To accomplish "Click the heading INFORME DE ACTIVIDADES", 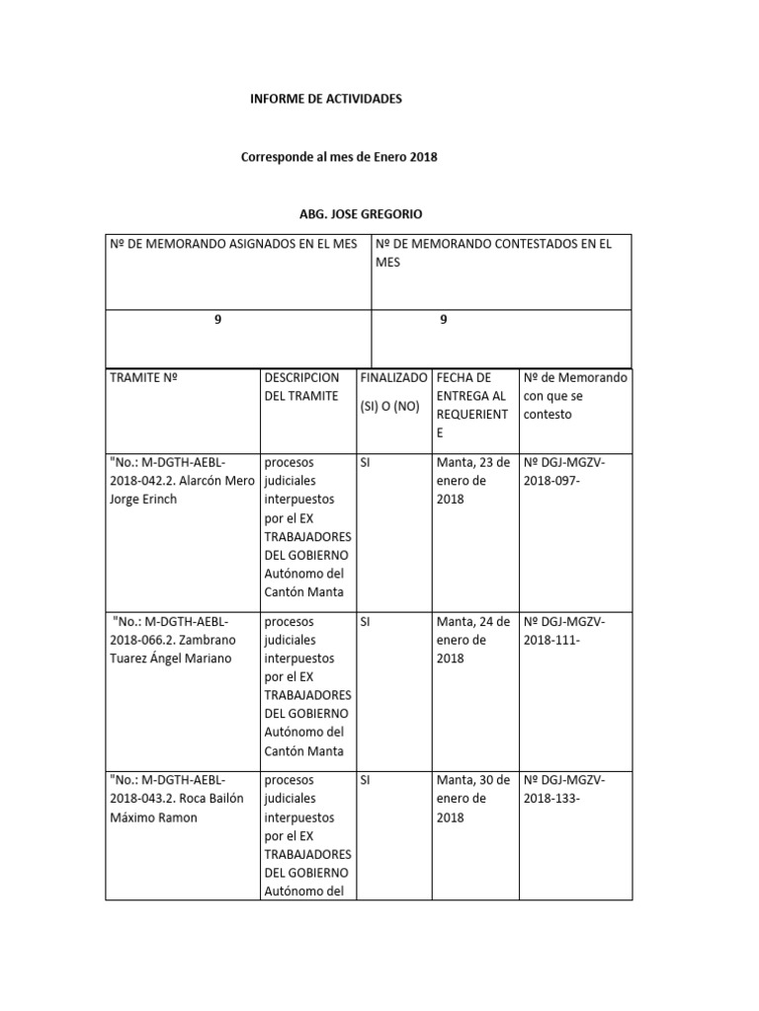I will point(325,100).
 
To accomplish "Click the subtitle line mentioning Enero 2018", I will point(339,157).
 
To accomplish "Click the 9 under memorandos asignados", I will point(217,320).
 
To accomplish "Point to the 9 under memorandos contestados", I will point(444,320).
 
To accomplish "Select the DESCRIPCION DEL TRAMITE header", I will point(300,387).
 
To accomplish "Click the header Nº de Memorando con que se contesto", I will point(574,396).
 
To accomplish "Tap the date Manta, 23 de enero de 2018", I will point(472,481).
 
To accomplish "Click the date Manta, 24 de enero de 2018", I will point(472,640).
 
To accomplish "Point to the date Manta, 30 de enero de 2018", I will point(472,799).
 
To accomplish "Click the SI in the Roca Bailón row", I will point(366,780).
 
